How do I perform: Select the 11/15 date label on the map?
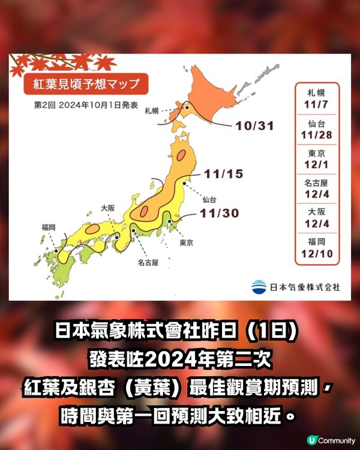pyautogui.click(x=223, y=174)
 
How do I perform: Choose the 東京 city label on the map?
pyautogui.click(x=186, y=243)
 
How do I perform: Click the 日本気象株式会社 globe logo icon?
pyautogui.click(x=259, y=286)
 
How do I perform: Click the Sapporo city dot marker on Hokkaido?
pyautogui.click(x=187, y=108)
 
